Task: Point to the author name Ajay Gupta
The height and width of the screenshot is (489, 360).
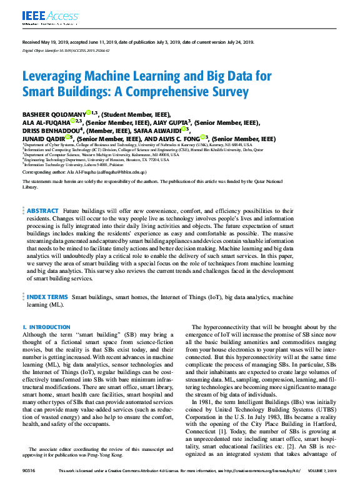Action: [x=172, y=123]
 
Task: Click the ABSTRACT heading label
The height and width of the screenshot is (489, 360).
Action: [x=43, y=211]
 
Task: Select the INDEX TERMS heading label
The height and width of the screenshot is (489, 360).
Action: [x=47, y=297]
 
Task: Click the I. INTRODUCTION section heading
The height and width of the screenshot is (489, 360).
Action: [x=46, y=327]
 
